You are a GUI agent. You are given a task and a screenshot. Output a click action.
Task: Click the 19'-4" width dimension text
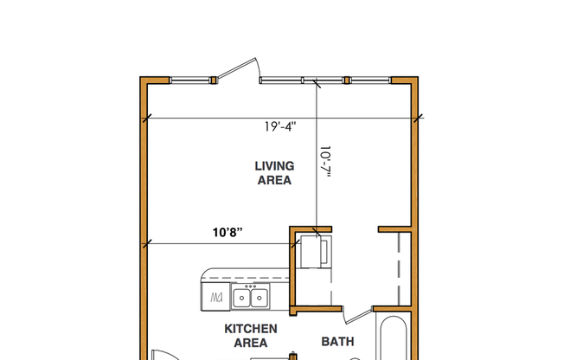[x=280, y=126]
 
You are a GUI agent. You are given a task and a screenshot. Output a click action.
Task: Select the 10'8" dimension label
[x=227, y=232]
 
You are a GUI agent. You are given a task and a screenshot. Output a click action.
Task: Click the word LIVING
[x=274, y=165]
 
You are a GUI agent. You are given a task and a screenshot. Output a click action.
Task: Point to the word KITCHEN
[x=251, y=329]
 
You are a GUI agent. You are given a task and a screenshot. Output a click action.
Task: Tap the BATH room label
[x=337, y=342]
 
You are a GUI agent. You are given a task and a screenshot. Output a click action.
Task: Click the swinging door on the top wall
[x=240, y=70]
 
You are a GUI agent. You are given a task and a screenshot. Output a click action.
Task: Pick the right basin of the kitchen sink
[x=259, y=298]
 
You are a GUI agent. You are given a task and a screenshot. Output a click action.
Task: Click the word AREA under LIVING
[x=274, y=181]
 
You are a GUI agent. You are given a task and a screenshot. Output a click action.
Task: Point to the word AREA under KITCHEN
[x=251, y=344]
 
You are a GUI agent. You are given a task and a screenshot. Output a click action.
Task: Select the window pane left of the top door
[x=190, y=80]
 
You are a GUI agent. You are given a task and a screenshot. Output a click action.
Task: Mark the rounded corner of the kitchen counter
[x=205, y=273]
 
